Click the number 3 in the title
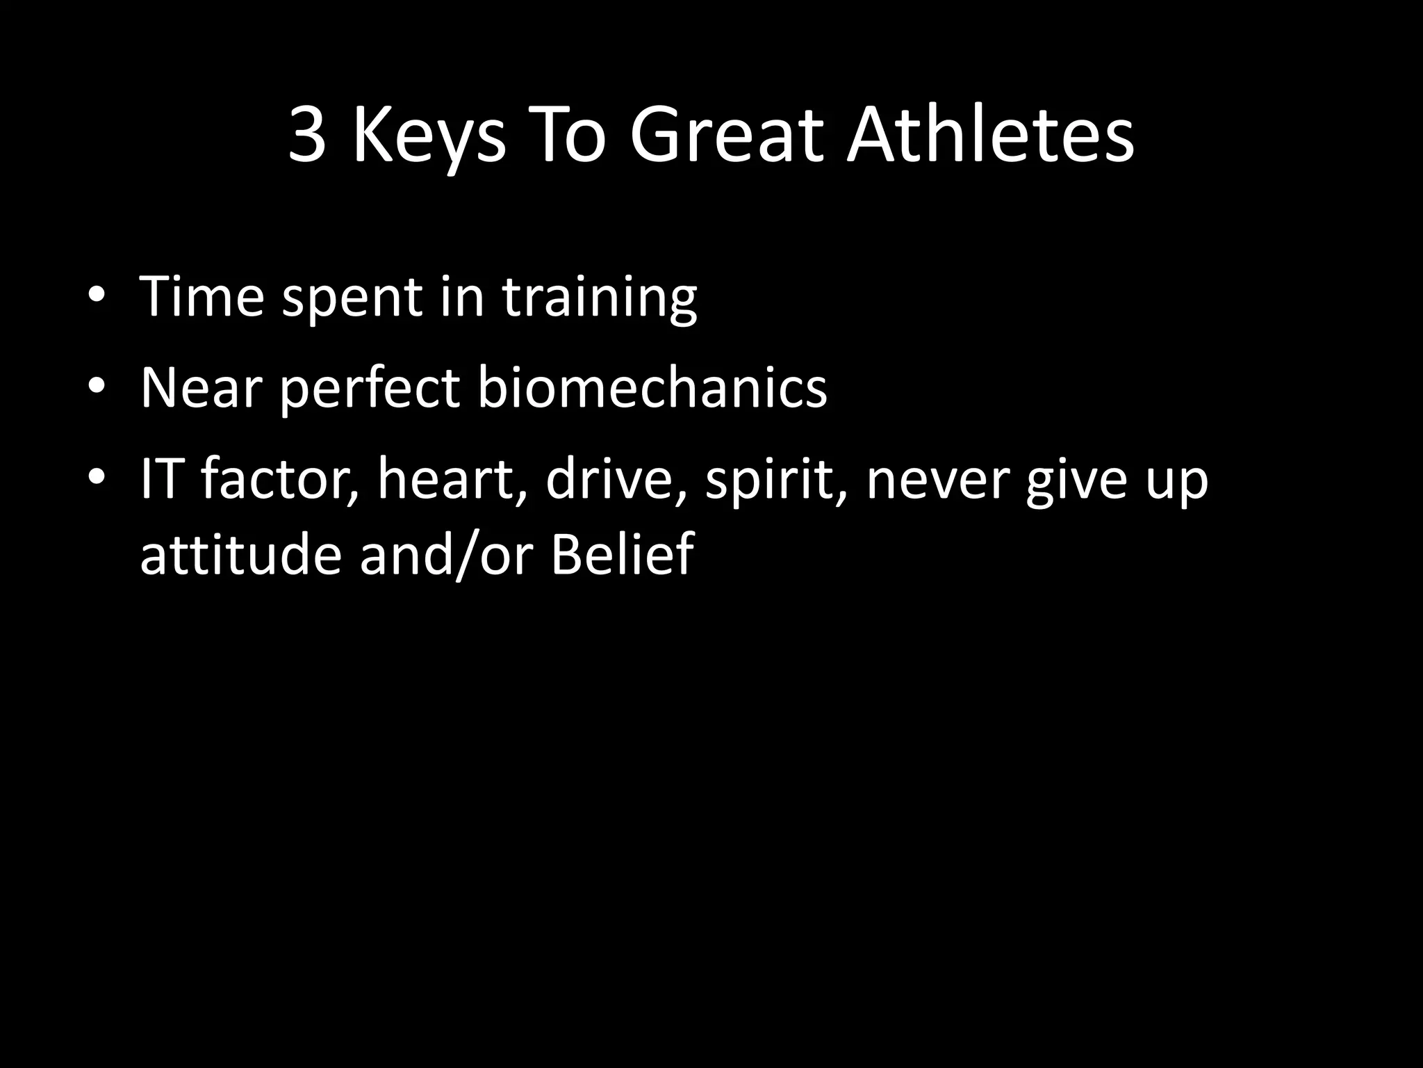(307, 136)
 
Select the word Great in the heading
(727, 136)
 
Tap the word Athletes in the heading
(989, 136)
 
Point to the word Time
(202, 298)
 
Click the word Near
(201, 388)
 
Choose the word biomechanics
(652, 388)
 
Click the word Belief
(622, 554)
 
